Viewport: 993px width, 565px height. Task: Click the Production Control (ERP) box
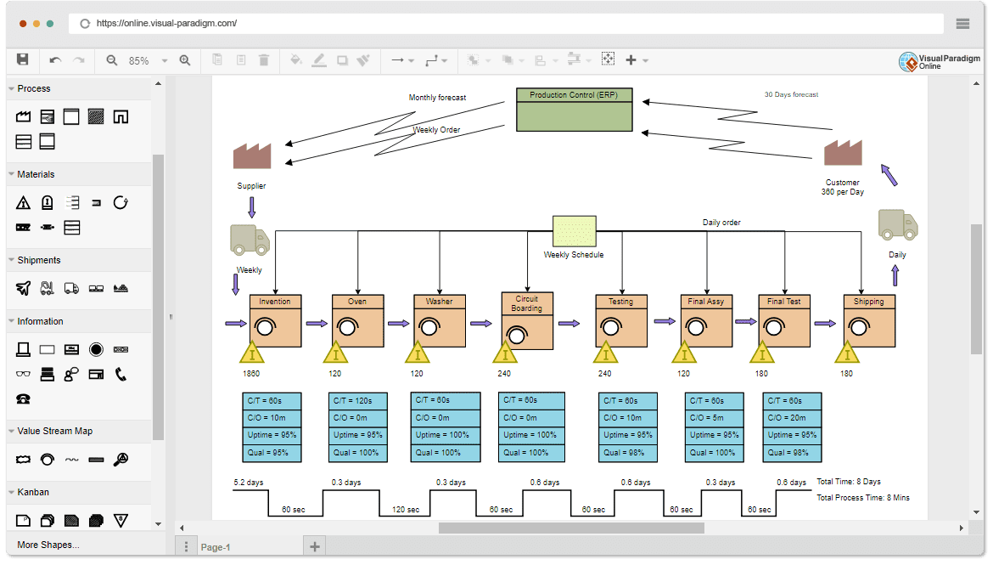click(x=574, y=110)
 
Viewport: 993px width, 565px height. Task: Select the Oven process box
click(x=357, y=321)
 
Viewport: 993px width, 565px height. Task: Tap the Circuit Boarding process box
click(x=526, y=321)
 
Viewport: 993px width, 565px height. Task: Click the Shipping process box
click(x=868, y=321)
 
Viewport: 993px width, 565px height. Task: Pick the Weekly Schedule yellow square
click(x=574, y=231)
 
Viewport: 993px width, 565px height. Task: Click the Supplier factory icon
click(x=252, y=156)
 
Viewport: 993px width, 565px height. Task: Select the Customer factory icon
click(x=843, y=153)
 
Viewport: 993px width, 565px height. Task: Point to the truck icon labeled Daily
click(x=897, y=225)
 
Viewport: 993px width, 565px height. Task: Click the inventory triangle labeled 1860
click(x=251, y=353)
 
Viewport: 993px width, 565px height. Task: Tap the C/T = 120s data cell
click(x=357, y=400)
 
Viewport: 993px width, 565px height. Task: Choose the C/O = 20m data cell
click(x=792, y=418)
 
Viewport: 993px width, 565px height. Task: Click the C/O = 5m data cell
click(x=714, y=418)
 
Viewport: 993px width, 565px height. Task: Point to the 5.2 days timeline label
click(x=249, y=483)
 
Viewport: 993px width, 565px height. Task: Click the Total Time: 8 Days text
click(x=848, y=482)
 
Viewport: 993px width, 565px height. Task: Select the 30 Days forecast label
click(x=791, y=94)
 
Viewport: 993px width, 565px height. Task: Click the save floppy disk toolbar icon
click(x=23, y=59)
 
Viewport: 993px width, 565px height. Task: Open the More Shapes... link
click(x=48, y=545)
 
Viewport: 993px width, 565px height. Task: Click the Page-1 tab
click(x=216, y=547)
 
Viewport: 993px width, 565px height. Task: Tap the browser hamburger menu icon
click(x=962, y=24)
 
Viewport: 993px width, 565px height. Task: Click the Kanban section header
click(x=33, y=492)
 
